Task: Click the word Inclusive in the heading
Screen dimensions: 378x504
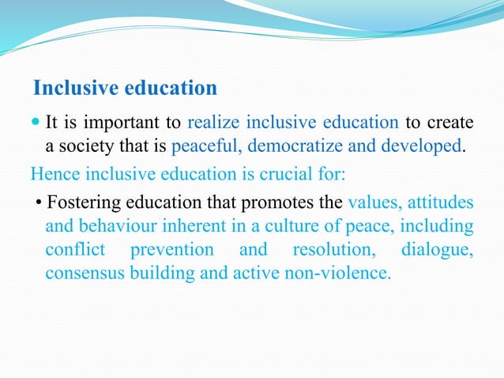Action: click(x=69, y=86)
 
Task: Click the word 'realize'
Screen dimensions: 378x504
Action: click(x=214, y=123)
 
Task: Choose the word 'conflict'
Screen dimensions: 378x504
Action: click(x=75, y=251)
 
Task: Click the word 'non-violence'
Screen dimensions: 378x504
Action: click(x=340, y=274)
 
